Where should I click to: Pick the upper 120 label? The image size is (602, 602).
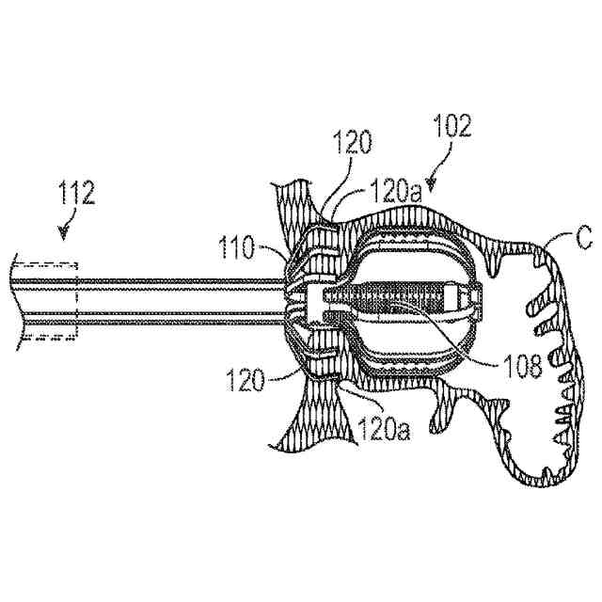point(353,143)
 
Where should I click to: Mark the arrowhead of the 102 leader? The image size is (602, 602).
point(431,182)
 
